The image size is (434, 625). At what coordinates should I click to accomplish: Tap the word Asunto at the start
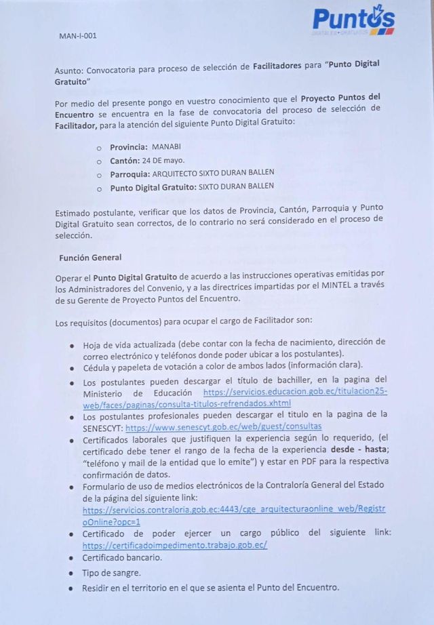coord(69,69)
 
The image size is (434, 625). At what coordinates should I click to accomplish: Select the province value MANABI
coord(166,146)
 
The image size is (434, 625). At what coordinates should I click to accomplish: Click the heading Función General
coord(90,258)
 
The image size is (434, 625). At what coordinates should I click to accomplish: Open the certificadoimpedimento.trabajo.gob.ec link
coord(175,544)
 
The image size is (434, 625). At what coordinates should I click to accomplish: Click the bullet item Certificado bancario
coord(122,558)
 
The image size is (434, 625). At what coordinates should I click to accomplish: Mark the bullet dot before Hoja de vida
coord(72,344)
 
